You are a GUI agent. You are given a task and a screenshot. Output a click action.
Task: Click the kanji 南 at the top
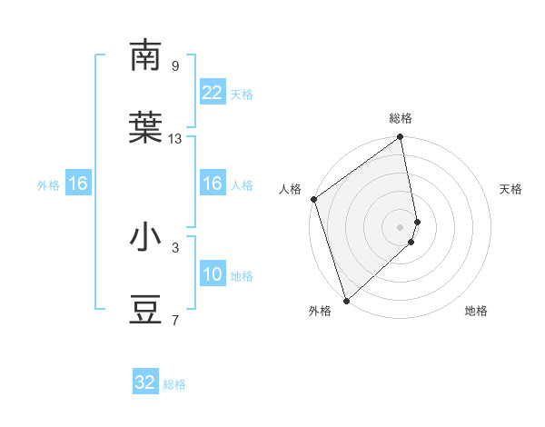(x=146, y=55)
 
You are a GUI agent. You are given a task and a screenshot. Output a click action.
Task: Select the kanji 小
(x=146, y=237)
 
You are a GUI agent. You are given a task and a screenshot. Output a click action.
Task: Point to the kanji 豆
(x=146, y=310)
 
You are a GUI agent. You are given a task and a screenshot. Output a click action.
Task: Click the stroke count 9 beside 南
(x=174, y=66)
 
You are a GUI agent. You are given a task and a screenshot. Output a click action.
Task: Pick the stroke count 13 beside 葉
(x=175, y=139)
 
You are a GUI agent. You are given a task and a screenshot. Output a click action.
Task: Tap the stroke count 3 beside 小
(x=174, y=247)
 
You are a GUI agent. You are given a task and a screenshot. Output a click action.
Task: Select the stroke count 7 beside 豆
(x=174, y=320)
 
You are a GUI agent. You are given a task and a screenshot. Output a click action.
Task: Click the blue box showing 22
(x=212, y=93)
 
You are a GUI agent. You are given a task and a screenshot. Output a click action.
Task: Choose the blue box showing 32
(x=145, y=382)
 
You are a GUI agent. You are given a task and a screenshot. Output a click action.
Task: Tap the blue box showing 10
(x=212, y=274)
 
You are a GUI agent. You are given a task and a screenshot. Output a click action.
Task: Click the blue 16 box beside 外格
(x=77, y=184)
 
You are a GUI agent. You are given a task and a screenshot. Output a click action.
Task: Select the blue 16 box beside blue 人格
(x=212, y=184)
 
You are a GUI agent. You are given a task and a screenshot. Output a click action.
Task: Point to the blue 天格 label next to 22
(x=241, y=94)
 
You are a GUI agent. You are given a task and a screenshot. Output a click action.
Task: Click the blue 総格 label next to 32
(x=174, y=383)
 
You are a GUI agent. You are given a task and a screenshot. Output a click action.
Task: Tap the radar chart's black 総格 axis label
(x=401, y=118)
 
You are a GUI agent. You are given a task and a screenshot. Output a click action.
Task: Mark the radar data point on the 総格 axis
(x=401, y=138)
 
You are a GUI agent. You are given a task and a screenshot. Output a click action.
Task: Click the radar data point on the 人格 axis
(x=313, y=199)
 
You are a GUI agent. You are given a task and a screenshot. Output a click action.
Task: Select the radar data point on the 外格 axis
(x=345, y=300)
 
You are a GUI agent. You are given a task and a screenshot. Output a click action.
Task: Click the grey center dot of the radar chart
(x=401, y=226)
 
